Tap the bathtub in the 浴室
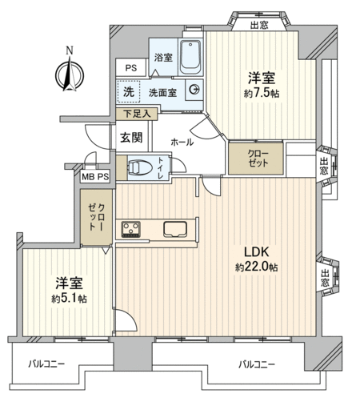[190, 57]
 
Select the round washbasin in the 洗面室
[194, 90]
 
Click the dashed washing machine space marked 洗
[129, 91]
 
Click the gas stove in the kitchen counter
[131, 229]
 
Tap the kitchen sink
[175, 229]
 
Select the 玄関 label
[131, 138]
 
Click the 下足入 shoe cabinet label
[137, 114]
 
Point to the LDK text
[257, 252]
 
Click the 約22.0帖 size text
[257, 267]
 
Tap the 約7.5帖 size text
[262, 94]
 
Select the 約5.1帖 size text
[69, 299]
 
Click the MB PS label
[95, 177]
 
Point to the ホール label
[182, 142]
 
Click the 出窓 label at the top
[259, 26]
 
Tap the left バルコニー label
[46, 364]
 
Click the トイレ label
[162, 168]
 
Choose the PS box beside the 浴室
[131, 68]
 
